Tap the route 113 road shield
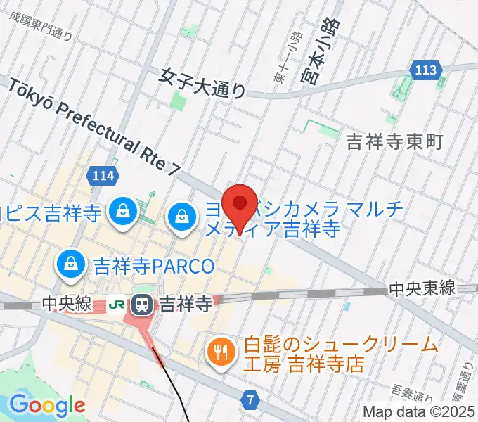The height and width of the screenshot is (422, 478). click(x=426, y=70)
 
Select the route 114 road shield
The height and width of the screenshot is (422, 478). click(x=103, y=177)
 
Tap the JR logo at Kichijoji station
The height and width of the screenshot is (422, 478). click(x=117, y=305)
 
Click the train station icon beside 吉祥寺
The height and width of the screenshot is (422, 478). click(x=142, y=305)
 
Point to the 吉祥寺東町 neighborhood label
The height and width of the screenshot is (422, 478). click(x=395, y=143)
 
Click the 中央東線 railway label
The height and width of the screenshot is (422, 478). click(x=422, y=288)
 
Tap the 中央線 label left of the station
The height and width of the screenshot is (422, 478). click(x=67, y=305)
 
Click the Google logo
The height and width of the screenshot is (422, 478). click(x=46, y=406)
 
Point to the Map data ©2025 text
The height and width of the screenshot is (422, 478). click(x=419, y=411)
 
